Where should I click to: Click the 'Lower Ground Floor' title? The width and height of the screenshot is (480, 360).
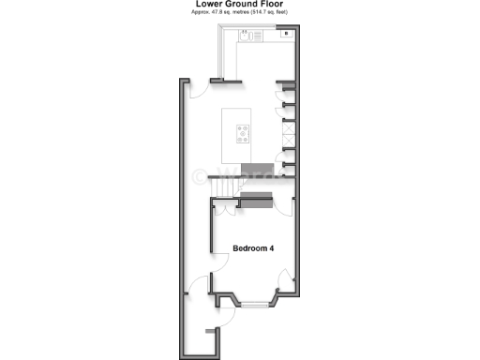click(x=240, y=5)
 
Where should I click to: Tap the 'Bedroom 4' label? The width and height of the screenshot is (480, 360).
click(x=253, y=248)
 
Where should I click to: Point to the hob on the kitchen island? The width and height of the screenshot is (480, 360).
click(x=244, y=133)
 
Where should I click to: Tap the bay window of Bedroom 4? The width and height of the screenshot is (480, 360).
click(x=253, y=303)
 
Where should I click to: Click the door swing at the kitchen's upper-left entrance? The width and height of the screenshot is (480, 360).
click(x=199, y=90)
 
